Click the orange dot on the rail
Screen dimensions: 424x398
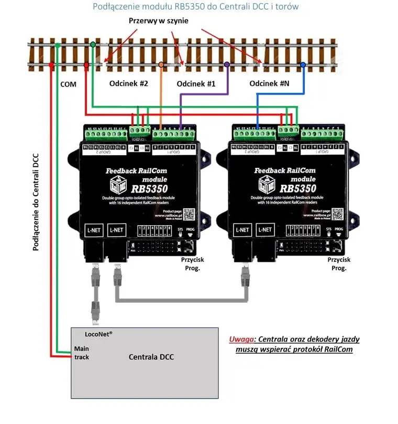coord(161,65)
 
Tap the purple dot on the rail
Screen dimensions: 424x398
coord(227,64)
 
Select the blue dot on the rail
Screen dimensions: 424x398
coord(303,65)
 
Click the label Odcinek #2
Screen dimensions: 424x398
coord(128,83)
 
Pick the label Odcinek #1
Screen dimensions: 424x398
coord(196,84)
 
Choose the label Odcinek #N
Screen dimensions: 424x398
coord(269,83)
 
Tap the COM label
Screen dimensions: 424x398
coord(68,84)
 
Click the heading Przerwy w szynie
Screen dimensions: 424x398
coord(159,20)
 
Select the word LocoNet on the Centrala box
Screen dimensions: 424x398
coord(98,334)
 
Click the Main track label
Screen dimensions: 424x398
coord(82,353)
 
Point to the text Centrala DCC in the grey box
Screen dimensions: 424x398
coord(151,357)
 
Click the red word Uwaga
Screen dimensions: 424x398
coord(242,339)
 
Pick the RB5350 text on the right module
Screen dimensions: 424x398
coord(297,188)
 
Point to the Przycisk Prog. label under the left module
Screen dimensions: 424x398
coord(192,264)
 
